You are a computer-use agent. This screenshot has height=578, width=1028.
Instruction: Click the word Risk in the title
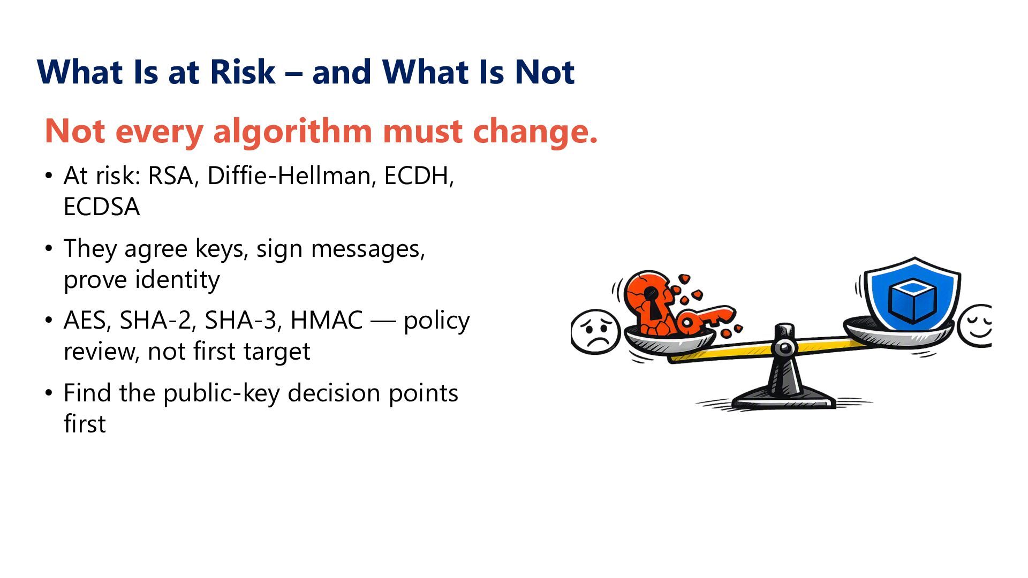[243, 72]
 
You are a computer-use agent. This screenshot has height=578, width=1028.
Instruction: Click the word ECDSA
[102, 207]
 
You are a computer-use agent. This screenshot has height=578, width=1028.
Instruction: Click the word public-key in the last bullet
[222, 393]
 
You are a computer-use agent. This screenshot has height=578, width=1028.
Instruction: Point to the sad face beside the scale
[595, 331]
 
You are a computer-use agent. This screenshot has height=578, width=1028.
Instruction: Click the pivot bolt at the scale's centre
[784, 348]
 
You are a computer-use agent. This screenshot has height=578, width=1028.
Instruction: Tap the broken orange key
[704, 319]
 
